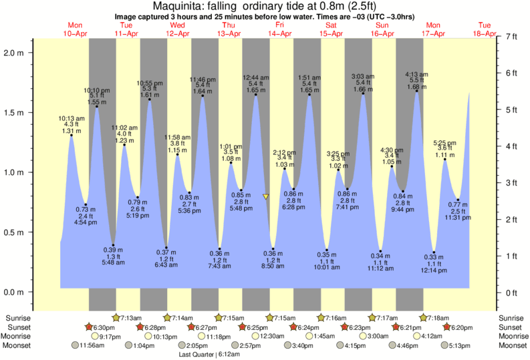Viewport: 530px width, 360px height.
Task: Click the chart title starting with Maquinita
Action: pyautogui.click(x=265, y=7)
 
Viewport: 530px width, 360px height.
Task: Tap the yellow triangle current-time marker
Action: pyautogui.click(x=266, y=196)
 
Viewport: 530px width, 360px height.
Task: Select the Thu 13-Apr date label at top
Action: pyautogui.click(x=229, y=29)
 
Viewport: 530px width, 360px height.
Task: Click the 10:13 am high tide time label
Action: pyautogui.click(x=72, y=118)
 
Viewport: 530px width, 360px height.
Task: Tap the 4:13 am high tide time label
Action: pyautogui.click(x=417, y=74)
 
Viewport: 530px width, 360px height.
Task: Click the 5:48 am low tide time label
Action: pyautogui.click(x=113, y=261)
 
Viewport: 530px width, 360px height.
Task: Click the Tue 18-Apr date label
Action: pyautogui.click(x=485, y=29)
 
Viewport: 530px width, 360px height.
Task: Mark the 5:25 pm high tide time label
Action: pyautogui.click(x=444, y=143)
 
